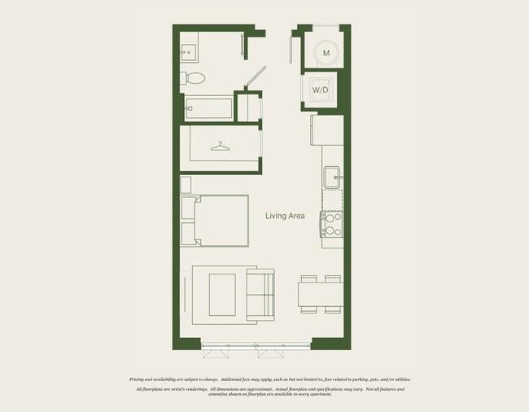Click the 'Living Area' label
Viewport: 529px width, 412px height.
coord(285,216)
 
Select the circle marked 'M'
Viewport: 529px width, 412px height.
coord(326,53)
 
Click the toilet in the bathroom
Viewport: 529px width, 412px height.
coord(194,78)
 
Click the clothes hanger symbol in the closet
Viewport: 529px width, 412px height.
coord(219,147)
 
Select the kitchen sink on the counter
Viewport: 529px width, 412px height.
coord(331,177)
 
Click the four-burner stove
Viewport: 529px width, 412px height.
coord(331,223)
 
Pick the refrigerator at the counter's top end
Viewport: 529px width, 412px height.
coord(327,130)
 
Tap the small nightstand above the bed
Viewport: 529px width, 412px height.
coord(186,183)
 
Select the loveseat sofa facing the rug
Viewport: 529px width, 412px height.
coord(260,296)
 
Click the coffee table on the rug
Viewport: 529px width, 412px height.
coord(221,295)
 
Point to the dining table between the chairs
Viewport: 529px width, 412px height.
coord(319,293)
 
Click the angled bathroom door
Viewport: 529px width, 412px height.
coord(256,79)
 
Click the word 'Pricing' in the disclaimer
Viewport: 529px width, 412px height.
coord(140,379)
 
